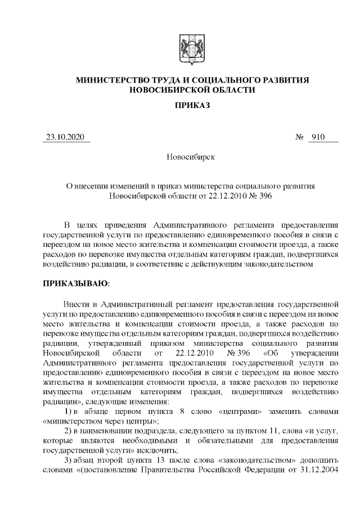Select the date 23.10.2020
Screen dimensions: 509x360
[67, 137]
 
